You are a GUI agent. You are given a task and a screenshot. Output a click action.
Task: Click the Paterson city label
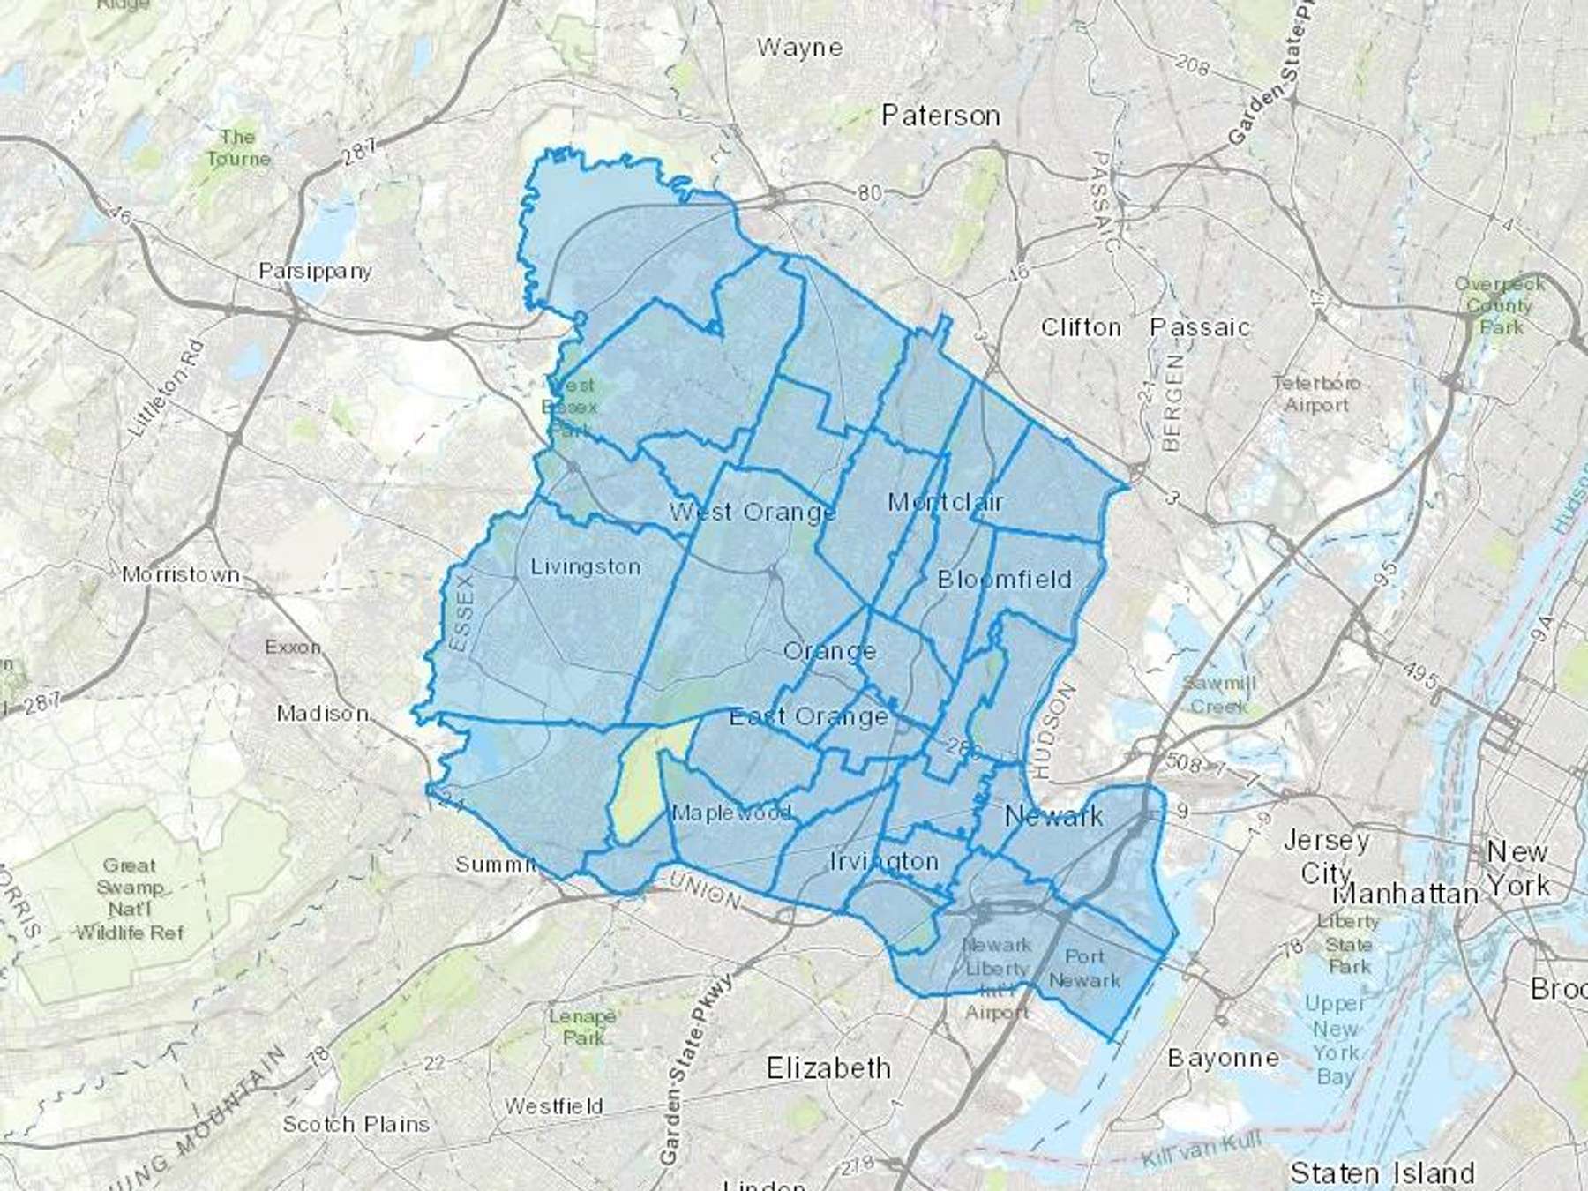(x=940, y=116)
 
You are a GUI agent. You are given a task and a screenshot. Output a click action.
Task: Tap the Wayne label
(x=799, y=48)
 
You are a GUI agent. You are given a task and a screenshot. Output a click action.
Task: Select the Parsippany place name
(x=315, y=271)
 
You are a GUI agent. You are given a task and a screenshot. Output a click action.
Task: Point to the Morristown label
(x=181, y=575)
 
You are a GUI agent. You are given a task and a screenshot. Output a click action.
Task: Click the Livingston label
(x=585, y=566)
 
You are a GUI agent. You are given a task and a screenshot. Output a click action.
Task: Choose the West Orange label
(x=752, y=512)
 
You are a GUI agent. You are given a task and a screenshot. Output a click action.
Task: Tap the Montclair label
(x=945, y=502)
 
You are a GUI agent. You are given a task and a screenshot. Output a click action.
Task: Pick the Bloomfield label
(x=1004, y=580)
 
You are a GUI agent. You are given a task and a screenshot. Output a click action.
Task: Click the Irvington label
(x=884, y=861)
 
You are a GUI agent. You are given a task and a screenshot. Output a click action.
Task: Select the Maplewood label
(x=731, y=813)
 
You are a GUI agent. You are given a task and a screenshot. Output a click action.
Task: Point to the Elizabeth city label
(x=828, y=1068)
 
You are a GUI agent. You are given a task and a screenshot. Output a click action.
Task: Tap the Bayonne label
(x=1223, y=1058)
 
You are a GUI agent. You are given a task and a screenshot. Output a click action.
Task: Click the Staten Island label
(x=1382, y=1172)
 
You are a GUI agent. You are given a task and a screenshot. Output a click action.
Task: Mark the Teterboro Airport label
(x=1316, y=394)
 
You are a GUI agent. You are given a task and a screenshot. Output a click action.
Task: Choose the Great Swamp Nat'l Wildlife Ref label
(x=130, y=898)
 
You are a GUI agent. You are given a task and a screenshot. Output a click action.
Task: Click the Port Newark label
(x=1084, y=968)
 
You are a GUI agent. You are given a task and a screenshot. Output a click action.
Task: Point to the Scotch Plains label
(x=356, y=1124)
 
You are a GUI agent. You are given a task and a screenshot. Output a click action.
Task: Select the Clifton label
(x=1081, y=327)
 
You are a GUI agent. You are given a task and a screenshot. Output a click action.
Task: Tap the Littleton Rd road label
(x=168, y=388)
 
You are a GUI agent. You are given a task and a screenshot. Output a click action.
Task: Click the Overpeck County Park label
(x=1500, y=305)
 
